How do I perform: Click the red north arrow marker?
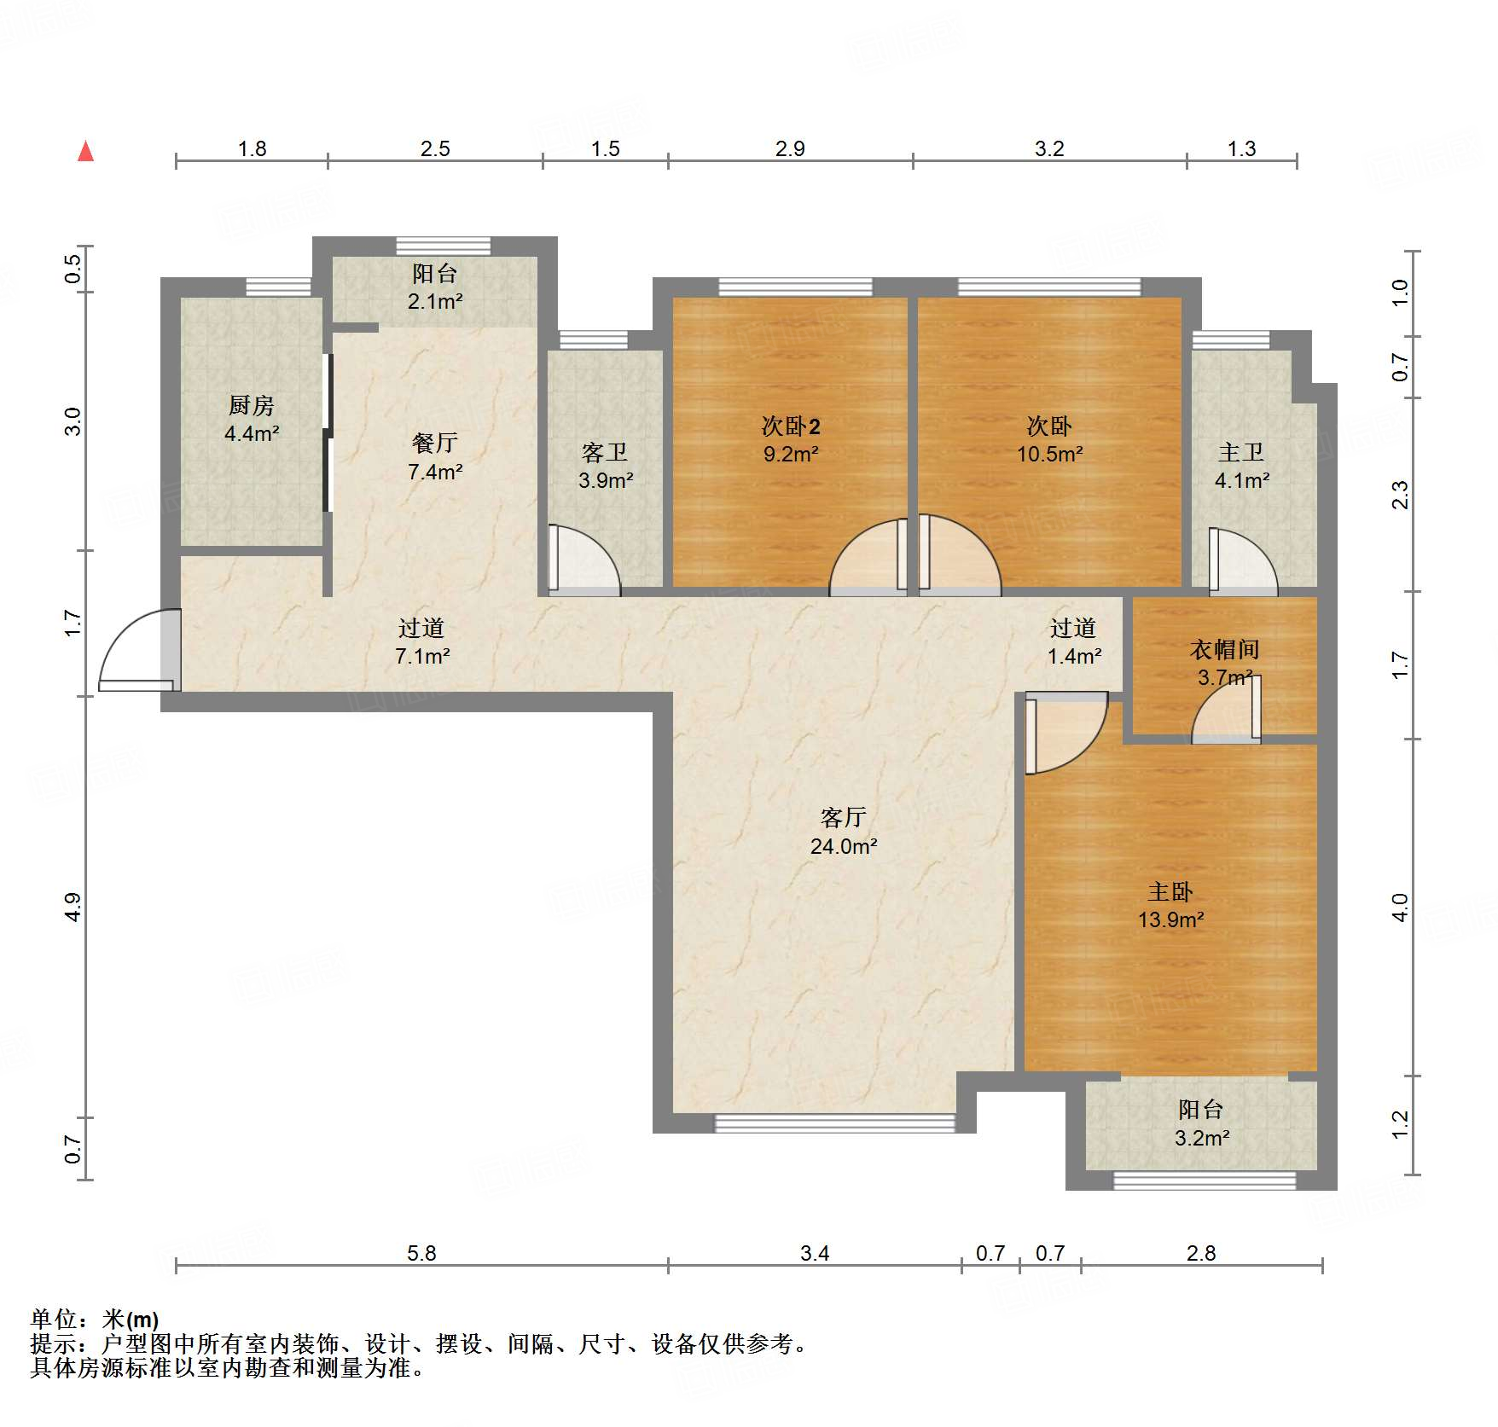85,152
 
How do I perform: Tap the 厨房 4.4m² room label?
252,419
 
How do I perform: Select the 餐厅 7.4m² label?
435,456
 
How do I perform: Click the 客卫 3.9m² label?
606,466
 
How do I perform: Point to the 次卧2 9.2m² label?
791,439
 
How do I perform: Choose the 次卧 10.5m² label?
1049,439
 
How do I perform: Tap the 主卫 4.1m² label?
1241,466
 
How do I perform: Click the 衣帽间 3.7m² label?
1225,663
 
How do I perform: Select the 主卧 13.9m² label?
1170,905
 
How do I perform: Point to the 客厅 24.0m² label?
844,831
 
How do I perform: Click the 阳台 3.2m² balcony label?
1201,1122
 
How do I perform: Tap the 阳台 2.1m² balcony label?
435,287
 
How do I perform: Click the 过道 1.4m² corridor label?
1073,641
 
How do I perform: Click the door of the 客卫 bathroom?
583,560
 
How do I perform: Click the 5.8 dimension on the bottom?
421,1253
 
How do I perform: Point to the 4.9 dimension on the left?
73,907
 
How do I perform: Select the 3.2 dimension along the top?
1049,149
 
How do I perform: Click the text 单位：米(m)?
95,1320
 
